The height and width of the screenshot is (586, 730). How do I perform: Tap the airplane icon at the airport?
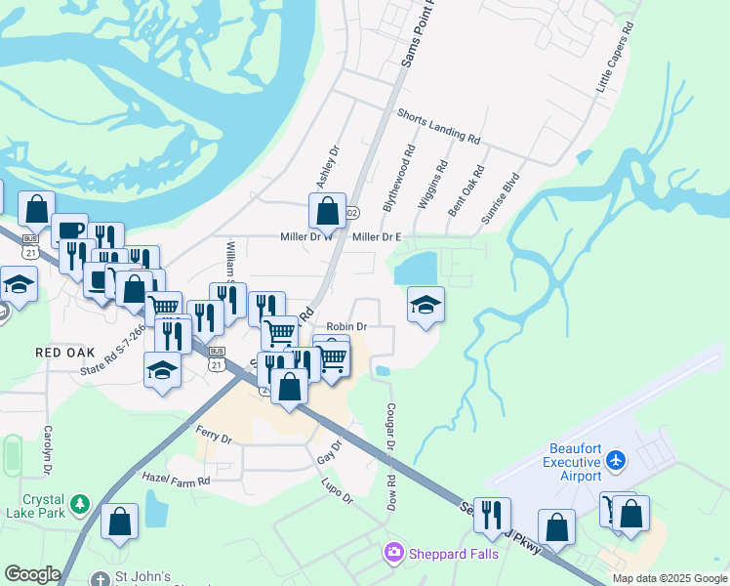coord(615,459)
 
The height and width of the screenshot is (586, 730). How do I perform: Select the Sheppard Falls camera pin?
coord(393,554)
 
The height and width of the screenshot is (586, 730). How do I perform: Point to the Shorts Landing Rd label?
coord(438,127)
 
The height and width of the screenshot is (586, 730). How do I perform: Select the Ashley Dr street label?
coord(327,168)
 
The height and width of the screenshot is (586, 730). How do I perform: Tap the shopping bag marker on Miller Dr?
coord(327,209)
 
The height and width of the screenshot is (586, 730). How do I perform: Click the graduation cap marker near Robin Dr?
coord(426,305)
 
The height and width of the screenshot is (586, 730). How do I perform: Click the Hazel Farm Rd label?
coord(176,481)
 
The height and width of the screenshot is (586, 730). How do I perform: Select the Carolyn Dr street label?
coord(47,450)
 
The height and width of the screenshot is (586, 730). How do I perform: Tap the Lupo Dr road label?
coord(336,491)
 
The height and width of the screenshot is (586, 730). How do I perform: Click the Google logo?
coord(32,574)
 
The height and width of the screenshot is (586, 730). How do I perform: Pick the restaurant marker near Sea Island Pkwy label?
coord(492,513)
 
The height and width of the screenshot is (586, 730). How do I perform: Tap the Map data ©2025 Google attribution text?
coord(669,578)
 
